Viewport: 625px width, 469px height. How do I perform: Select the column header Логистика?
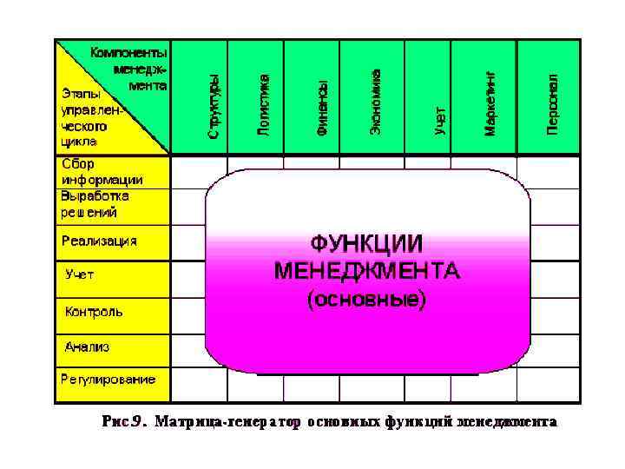(264, 103)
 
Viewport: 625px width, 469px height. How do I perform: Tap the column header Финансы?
(321, 105)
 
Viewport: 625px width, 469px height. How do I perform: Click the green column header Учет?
(440, 117)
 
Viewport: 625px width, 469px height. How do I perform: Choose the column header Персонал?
(552, 102)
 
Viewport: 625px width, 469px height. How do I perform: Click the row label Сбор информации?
(102, 172)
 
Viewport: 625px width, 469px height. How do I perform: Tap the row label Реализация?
(99, 241)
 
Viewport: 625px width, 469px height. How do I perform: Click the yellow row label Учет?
(80, 274)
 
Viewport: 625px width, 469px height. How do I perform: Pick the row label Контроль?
(94, 311)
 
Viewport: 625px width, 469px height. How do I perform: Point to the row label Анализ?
(87, 347)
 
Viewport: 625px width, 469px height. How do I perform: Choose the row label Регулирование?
(108, 379)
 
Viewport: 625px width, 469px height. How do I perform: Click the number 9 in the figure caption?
(135, 423)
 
